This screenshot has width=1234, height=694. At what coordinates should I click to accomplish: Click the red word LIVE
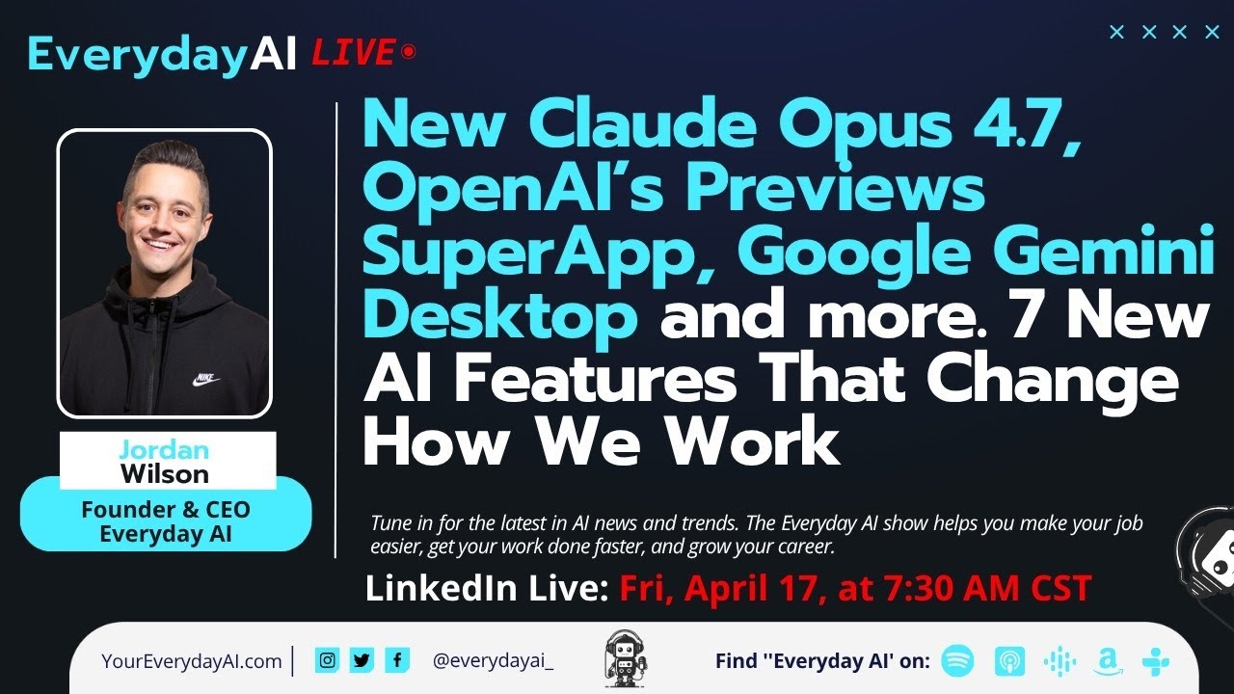coord(353,52)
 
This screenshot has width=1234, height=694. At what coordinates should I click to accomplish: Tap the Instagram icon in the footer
coord(328,660)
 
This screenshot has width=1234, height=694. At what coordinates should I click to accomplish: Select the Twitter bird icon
coord(362,660)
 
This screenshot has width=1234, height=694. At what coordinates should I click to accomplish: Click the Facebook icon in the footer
coord(396,660)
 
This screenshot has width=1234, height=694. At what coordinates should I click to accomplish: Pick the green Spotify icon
coord(957,660)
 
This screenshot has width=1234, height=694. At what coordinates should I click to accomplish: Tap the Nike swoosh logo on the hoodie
coord(205,380)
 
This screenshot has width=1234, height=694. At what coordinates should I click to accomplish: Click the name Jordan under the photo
coord(164,448)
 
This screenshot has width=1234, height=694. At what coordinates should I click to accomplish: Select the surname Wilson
coord(164,473)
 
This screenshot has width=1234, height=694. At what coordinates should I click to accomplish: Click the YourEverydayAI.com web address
coord(191,661)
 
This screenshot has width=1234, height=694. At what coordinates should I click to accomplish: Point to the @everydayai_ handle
coord(493,661)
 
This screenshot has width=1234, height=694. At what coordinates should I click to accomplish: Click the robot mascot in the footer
coord(624,658)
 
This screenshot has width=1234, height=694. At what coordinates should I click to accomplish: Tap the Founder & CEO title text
coord(165,509)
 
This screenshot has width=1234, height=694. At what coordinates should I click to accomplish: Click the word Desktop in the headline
coord(499,316)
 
